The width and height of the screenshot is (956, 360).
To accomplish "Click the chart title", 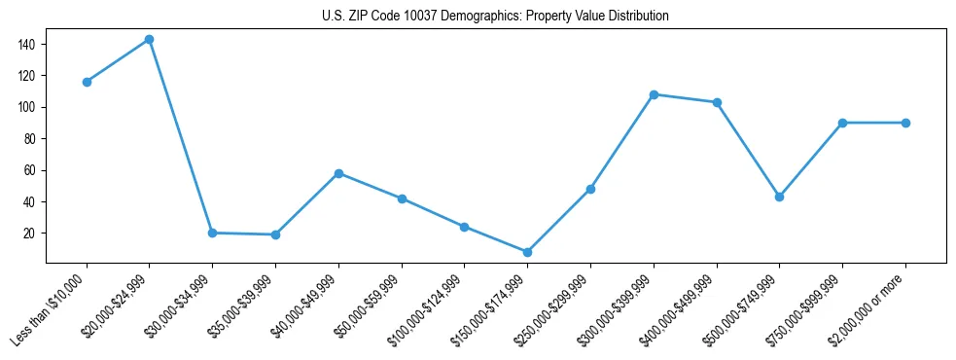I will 495,17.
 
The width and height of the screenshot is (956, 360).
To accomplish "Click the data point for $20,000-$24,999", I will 149,40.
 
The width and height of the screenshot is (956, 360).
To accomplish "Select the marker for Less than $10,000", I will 87,82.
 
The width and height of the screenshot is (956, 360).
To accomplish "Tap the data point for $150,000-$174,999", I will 527,252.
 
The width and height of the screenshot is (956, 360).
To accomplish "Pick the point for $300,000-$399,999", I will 654,94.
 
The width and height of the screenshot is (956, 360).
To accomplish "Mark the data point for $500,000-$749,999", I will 779,197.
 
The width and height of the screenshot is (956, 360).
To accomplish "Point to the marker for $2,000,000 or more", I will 905,123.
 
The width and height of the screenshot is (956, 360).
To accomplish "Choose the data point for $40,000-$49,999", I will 338,173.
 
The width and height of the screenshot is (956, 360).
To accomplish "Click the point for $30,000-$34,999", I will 212,233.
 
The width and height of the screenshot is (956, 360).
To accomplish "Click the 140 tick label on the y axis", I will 26,44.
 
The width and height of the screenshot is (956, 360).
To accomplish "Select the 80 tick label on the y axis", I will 29,139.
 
